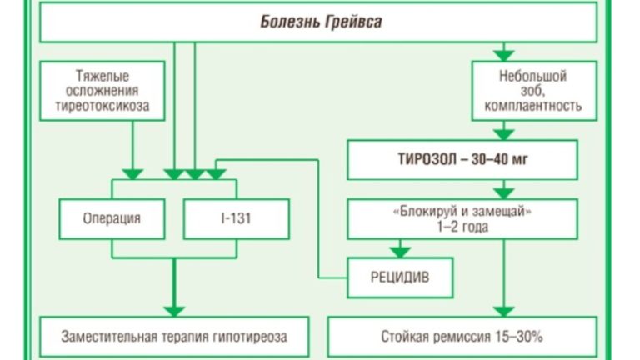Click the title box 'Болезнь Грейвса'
tap(318, 22)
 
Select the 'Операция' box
tap(112, 219)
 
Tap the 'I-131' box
tap(236, 219)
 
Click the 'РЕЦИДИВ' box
tap(400, 277)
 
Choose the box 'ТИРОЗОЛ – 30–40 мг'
tap(462, 159)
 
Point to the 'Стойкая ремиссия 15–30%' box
tap(462, 337)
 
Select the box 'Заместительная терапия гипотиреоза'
tap(174, 337)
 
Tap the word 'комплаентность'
tap(532, 107)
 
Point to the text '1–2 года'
tap(462, 227)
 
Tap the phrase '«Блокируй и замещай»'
tap(462, 212)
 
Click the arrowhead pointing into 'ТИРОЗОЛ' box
tap(502, 132)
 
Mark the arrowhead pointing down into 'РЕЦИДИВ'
tap(401, 252)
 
